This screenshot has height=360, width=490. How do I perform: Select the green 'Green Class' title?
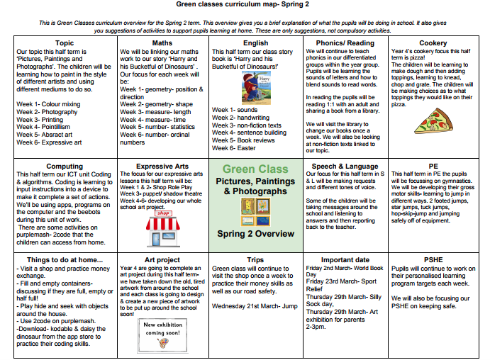pyautogui.click(x=255, y=169)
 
